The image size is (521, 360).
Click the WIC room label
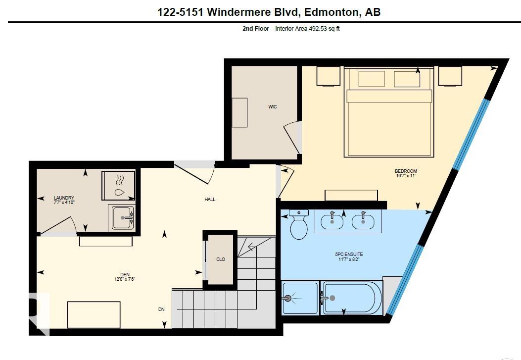273,107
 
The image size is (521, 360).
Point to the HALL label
210,200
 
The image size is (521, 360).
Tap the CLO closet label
221,259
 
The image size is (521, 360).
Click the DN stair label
161,309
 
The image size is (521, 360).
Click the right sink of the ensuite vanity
364,221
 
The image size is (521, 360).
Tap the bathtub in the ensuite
351,298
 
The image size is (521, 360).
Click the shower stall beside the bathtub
300,298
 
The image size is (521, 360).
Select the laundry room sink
122,218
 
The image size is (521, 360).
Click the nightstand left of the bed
328,76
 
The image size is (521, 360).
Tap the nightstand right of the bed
450,76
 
